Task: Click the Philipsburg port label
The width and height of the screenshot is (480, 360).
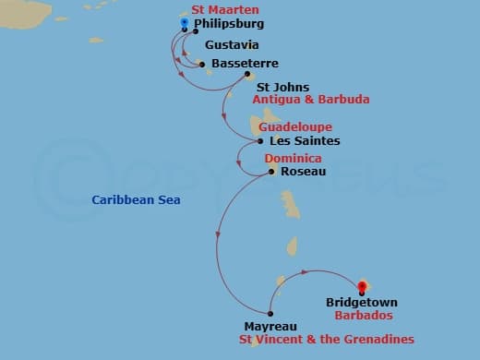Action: coord(229,23)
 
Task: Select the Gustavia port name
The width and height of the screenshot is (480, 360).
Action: coord(232,45)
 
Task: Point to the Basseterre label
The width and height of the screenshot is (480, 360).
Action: coord(243,64)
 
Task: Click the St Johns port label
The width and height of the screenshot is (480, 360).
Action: coord(276,87)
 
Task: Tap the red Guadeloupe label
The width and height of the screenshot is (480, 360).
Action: coord(295,126)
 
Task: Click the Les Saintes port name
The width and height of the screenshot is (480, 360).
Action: coord(304,141)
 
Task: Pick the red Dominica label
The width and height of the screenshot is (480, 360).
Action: coord(294,159)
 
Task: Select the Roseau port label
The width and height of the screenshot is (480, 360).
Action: coord(301,172)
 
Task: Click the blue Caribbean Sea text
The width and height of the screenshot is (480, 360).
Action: coord(136,199)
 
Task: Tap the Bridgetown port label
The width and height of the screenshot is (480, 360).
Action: coord(361,302)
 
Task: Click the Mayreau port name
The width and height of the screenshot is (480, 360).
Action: coord(270,326)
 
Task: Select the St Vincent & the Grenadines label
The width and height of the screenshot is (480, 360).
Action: coord(326,340)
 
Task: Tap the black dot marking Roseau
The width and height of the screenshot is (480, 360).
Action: coord(271,171)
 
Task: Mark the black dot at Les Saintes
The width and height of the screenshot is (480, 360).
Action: coord(260,141)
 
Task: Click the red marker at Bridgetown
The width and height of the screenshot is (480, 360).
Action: coord(361,287)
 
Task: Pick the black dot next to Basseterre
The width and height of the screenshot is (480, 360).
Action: coord(202,64)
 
